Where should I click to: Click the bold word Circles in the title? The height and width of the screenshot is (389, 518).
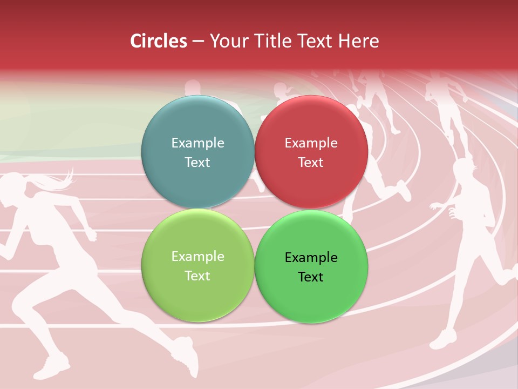159,41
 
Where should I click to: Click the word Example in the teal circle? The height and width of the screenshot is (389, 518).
197,143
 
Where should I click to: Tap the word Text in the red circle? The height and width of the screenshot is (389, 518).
311,162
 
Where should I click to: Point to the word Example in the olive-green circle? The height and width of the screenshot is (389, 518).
197,256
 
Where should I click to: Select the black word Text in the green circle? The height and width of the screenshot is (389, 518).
311,277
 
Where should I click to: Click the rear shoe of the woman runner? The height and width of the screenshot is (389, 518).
52,367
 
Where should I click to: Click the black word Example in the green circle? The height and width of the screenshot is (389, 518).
311,257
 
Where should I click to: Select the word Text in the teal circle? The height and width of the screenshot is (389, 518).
197,162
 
